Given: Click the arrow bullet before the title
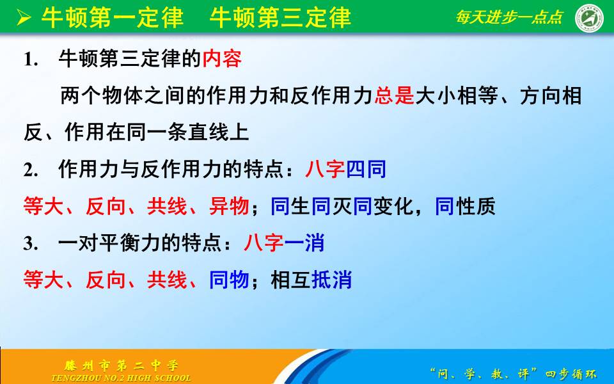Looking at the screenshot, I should pos(24,18).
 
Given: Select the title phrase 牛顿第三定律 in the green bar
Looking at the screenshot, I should pos(280,18).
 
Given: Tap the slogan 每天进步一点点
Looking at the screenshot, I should pos(509,17).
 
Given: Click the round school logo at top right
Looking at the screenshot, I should pos(589,18).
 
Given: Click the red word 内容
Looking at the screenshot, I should pos(222,60).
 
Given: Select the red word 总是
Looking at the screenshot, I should pos(394,97).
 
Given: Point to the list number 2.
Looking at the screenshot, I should pos(28,171).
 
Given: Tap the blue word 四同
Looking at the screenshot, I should pos(366,170).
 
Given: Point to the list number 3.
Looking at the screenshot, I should pos(28,244).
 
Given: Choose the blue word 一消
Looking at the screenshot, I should pos(304,244).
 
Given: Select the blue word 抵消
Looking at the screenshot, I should pos(331,280).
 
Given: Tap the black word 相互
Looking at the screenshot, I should pos(291,280).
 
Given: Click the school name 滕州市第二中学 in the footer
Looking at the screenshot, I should pos(122,365).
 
